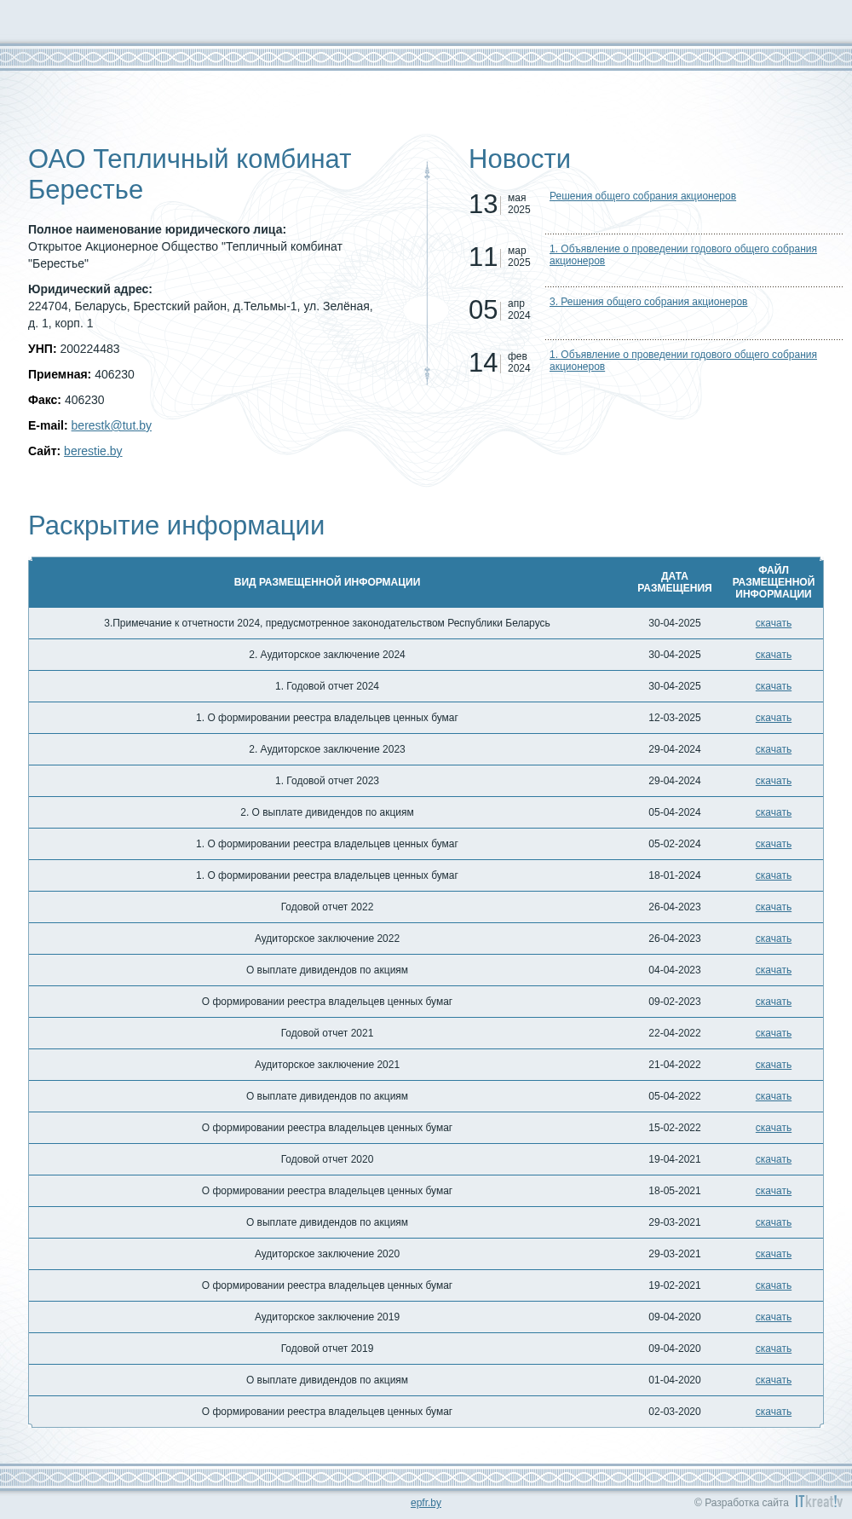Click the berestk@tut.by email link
(x=111, y=425)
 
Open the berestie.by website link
(x=93, y=451)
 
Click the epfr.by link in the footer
(x=425, y=1503)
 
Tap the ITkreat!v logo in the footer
(x=818, y=1501)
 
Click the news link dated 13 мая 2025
(x=642, y=196)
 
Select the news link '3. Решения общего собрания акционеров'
(x=648, y=302)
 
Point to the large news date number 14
(x=482, y=362)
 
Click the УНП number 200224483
(x=89, y=349)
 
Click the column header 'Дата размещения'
(x=674, y=581)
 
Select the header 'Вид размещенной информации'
(x=327, y=581)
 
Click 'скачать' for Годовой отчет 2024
(x=773, y=686)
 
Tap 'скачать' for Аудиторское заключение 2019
(x=773, y=1317)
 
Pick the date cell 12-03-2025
(x=674, y=718)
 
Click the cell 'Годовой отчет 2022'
(x=327, y=907)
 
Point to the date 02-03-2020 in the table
(x=674, y=1412)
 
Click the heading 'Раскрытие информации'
(x=176, y=525)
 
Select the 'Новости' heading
(x=519, y=159)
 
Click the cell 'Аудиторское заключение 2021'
(x=327, y=1065)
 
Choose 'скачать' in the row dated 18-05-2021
(x=773, y=1191)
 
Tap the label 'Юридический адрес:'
(x=90, y=289)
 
